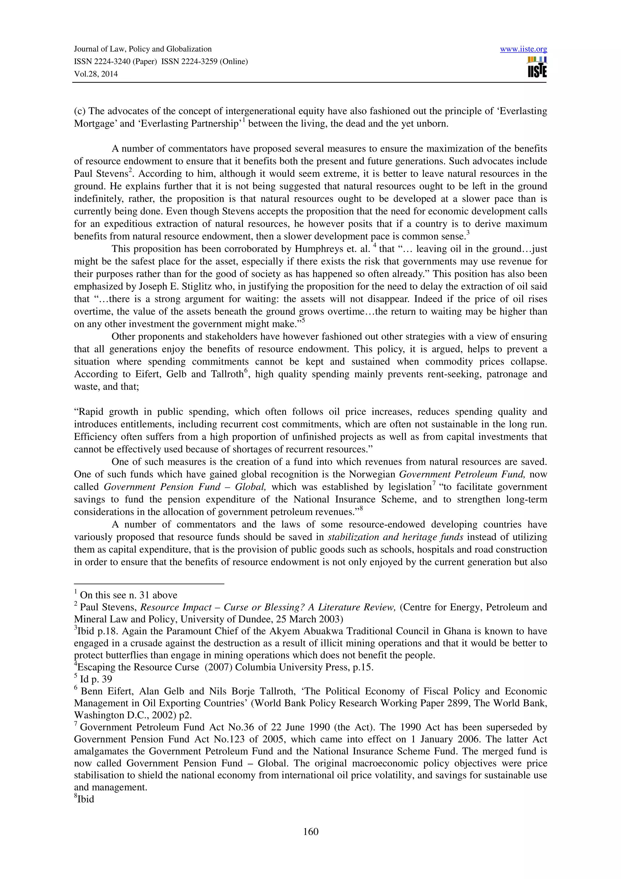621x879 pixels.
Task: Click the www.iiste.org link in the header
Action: coord(523,49)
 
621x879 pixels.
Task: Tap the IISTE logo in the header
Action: coord(537,67)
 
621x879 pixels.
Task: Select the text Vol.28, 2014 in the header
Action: coord(96,74)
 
